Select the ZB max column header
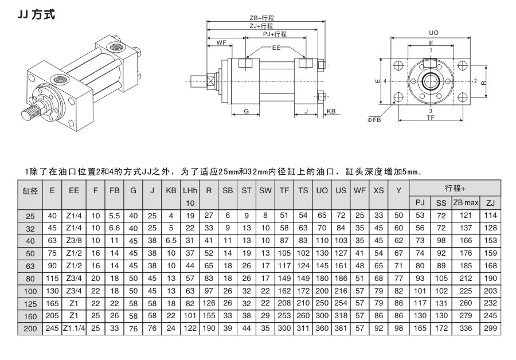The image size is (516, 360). point(465,203)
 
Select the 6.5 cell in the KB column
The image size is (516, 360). point(171,240)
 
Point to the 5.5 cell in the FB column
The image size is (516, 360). point(114,215)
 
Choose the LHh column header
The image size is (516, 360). point(190,190)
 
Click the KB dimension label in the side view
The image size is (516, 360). point(331,112)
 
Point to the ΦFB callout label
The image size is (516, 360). point(374,120)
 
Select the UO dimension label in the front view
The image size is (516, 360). point(433,33)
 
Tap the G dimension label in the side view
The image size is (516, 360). point(246,112)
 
